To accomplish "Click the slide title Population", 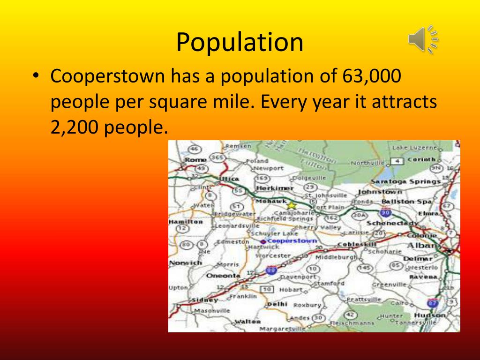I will click(x=240, y=42).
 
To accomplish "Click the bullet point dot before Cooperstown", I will click(x=36, y=76).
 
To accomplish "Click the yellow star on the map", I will click(x=292, y=205).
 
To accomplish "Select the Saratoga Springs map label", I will click(x=405, y=181).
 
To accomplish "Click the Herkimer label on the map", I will click(x=275, y=187).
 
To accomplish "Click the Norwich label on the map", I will click(x=185, y=263).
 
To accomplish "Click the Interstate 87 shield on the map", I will click(x=433, y=303).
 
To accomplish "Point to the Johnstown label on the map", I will click(x=380, y=192).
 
